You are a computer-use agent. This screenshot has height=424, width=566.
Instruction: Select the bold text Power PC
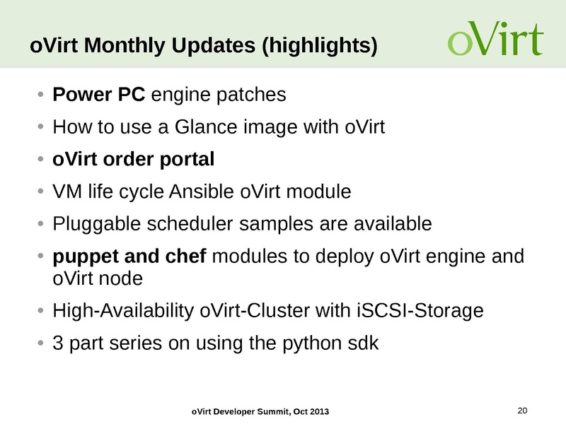click(x=100, y=95)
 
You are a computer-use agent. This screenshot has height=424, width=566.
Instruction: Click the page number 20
click(x=524, y=411)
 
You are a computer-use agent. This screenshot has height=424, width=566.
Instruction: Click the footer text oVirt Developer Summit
click(x=240, y=412)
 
